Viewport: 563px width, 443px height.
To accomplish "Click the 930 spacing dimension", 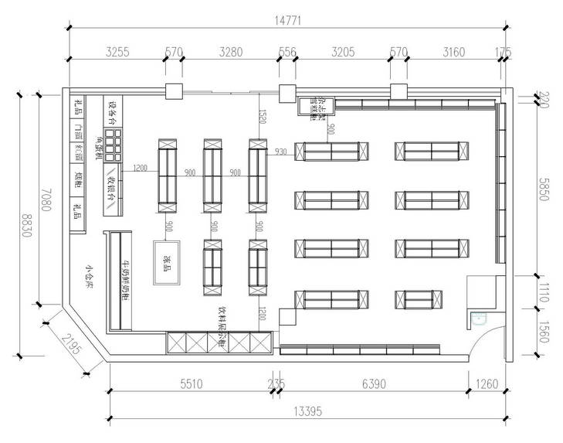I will tap(280, 152).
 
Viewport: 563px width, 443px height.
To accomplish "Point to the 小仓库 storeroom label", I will tap(90, 275).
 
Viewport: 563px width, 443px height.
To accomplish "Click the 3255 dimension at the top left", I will tap(117, 53).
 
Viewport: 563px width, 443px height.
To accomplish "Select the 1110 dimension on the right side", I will tap(544, 291).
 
